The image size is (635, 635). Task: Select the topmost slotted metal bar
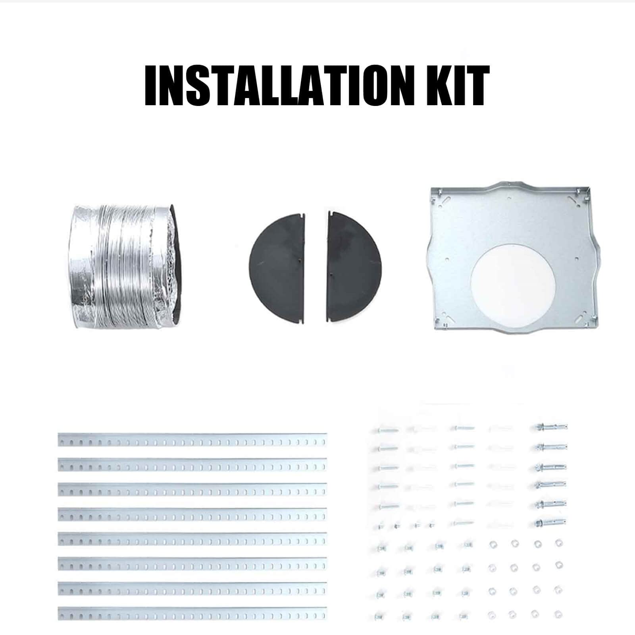(x=192, y=439)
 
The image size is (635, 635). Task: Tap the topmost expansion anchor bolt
(x=551, y=427)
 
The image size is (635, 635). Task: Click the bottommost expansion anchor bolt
(x=551, y=523)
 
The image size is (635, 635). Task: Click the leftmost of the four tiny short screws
(x=381, y=527)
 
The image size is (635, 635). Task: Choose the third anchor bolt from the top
(x=551, y=466)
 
